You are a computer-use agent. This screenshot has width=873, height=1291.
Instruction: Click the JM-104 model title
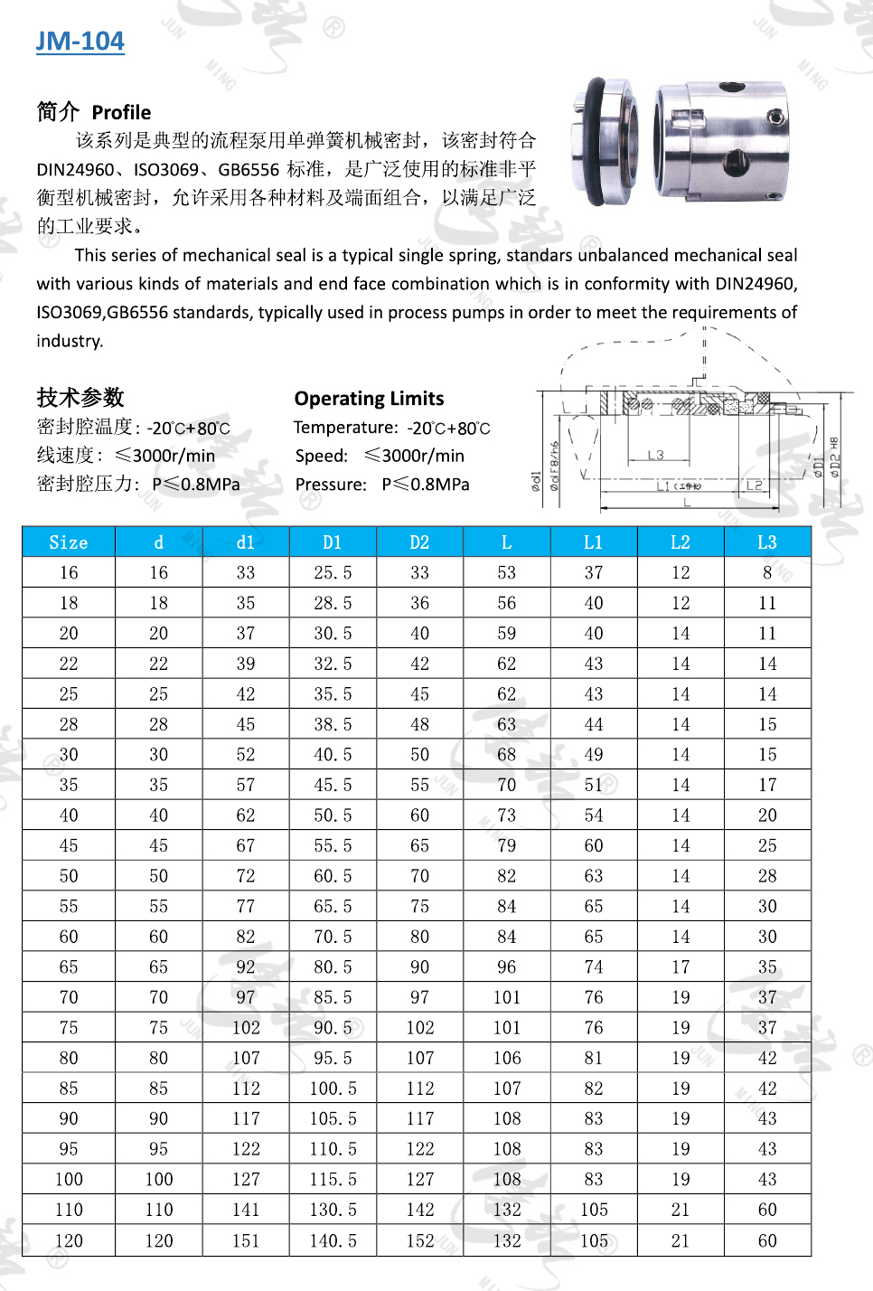click(x=80, y=41)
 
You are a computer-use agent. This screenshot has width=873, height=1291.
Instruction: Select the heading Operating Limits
click(x=369, y=399)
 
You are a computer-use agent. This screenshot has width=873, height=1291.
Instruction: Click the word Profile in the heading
click(x=121, y=113)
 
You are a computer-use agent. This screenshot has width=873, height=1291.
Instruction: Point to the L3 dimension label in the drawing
click(x=655, y=455)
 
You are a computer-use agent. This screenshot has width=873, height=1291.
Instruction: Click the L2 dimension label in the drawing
click(x=754, y=485)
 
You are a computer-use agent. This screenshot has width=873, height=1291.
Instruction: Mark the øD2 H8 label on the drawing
click(x=834, y=457)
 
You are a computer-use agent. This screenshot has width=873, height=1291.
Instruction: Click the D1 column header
click(x=333, y=542)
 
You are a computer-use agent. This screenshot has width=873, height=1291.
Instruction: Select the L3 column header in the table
click(x=767, y=542)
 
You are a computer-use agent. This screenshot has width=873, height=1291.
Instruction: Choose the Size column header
click(x=69, y=542)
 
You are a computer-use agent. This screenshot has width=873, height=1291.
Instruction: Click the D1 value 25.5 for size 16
click(x=333, y=573)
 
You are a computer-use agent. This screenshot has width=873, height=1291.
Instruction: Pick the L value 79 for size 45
click(x=506, y=846)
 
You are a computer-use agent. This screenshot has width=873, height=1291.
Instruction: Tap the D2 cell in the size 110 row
click(x=419, y=1211)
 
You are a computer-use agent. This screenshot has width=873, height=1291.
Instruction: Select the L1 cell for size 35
click(x=593, y=786)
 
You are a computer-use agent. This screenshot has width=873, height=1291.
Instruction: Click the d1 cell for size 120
click(x=246, y=1241)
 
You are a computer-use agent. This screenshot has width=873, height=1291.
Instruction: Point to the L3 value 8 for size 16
click(x=767, y=573)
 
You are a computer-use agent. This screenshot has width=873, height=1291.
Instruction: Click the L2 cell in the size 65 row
click(x=681, y=967)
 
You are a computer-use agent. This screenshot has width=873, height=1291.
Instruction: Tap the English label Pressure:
click(x=331, y=485)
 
